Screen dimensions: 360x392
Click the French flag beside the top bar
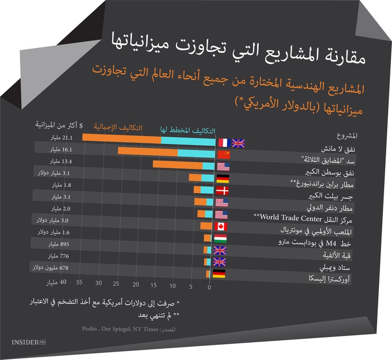(223, 143)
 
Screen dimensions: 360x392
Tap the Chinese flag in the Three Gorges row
(223, 155)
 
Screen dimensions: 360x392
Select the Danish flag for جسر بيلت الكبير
(223, 190)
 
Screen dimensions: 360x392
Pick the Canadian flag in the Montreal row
(221, 227)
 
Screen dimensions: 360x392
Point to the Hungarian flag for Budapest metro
(220, 239)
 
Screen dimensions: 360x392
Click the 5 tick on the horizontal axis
(190, 286)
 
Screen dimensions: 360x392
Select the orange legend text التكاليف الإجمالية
(118, 127)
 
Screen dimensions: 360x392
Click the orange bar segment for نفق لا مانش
(121, 139)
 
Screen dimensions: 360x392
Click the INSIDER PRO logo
(29, 343)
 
